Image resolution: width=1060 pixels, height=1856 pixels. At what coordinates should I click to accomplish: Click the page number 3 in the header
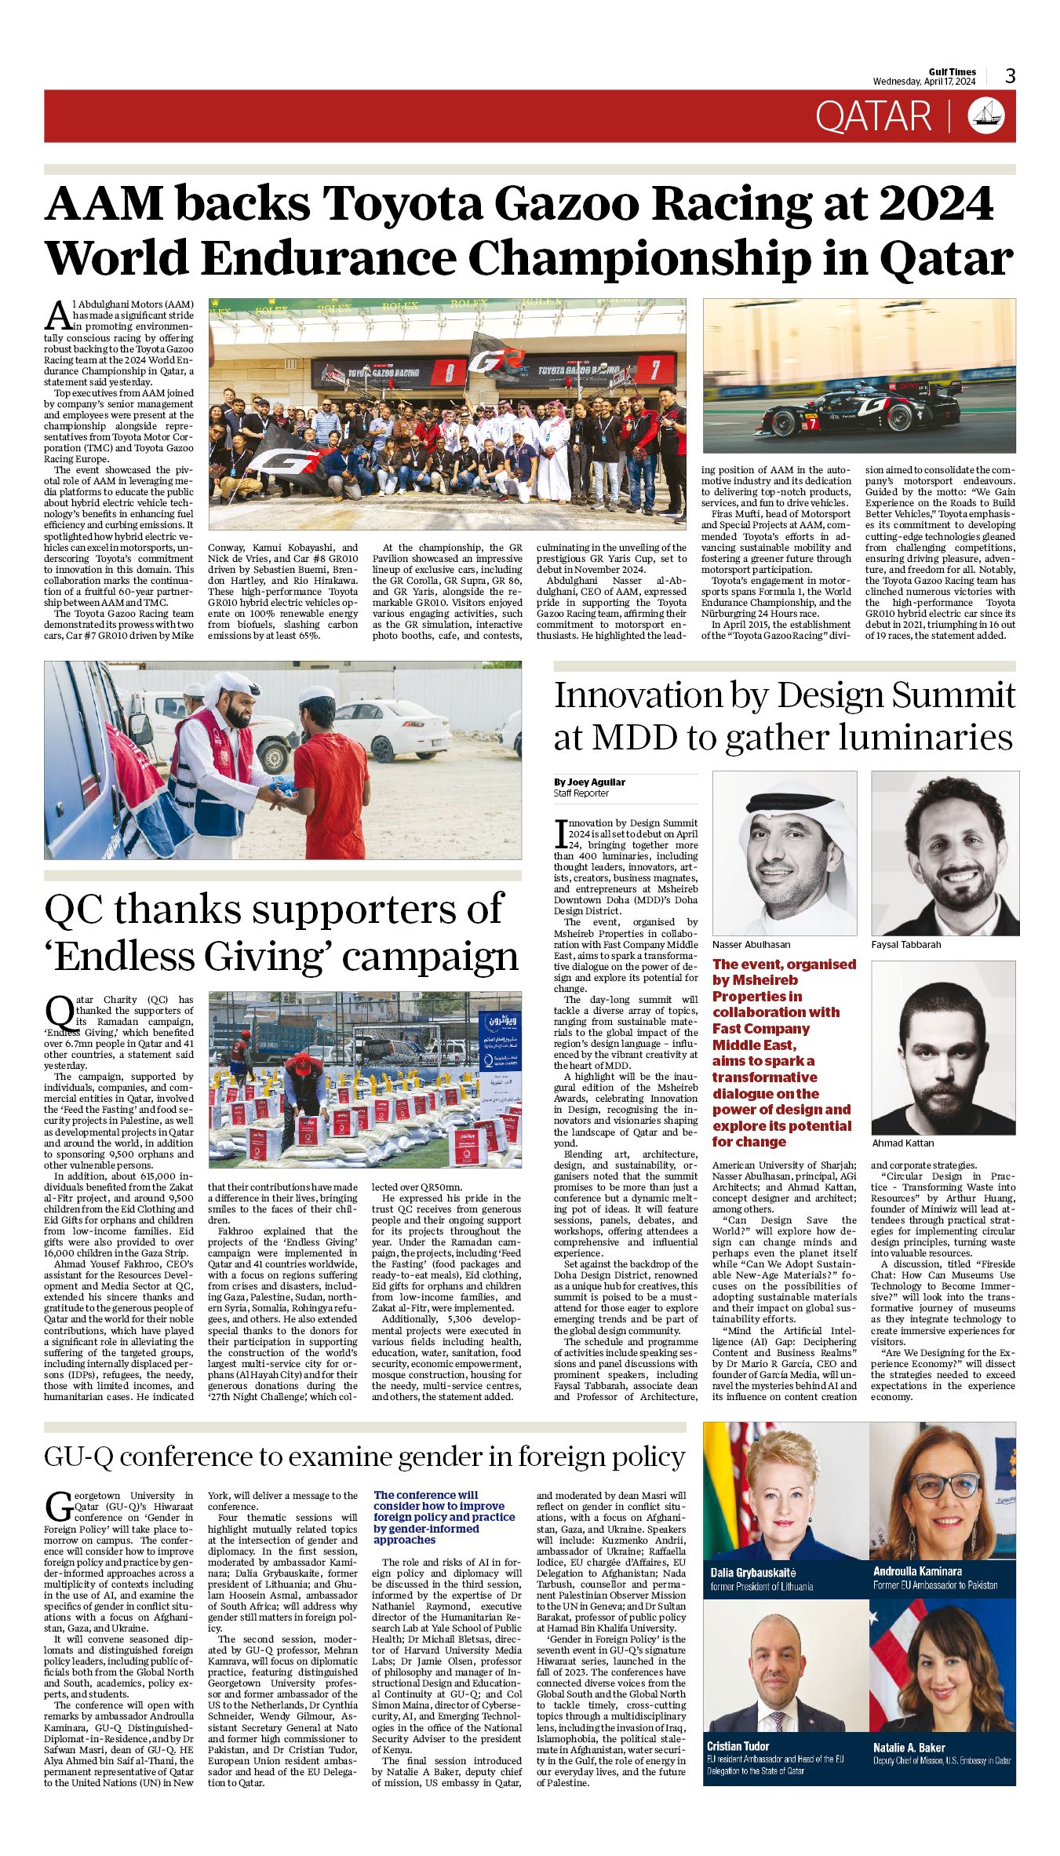[x=1010, y=75]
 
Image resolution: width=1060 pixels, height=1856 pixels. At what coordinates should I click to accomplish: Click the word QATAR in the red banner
[x=873, y=117]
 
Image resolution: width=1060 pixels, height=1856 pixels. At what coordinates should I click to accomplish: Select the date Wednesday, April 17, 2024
[x=924, y=82]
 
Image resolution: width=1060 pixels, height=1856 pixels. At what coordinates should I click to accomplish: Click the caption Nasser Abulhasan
[x=751, y=944]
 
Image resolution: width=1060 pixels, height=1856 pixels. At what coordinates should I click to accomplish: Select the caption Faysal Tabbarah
[x=905, y=944]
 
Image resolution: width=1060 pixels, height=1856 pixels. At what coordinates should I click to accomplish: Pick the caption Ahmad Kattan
[x=903, y=1143]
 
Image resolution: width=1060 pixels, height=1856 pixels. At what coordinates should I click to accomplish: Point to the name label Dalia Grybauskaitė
[x=753, y=1572]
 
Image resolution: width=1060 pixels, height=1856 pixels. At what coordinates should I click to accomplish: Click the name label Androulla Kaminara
[x=918, y=1571]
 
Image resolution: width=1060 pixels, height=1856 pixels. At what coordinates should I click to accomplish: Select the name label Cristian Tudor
[x=738, y=1746]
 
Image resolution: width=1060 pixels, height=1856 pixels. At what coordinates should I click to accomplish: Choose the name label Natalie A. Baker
[x=909, y=1748]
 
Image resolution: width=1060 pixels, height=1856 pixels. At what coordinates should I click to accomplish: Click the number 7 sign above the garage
[x=654, y=368]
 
